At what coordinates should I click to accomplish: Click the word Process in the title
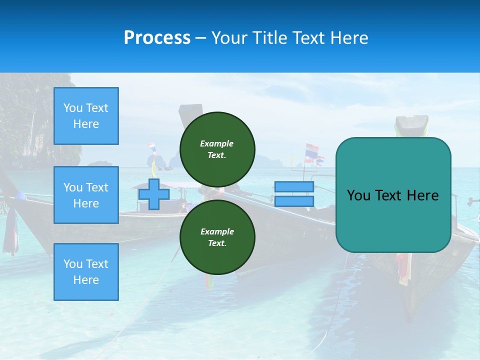pyautogui.click(x=157, y=38)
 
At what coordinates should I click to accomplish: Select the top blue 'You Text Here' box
pyautogui.click(x=86, y=116)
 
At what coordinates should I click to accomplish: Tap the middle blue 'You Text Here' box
pyautogui.click(x=86, y=195)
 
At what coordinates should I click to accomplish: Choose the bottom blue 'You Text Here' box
pyautogui.click(x=86, y=272)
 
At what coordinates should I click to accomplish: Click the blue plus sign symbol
pyautogui.click(x=154, y=194)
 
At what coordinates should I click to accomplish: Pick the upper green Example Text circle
pyautogui.click(x=217, y=149)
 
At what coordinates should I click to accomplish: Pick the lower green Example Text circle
pyautogui.click(x=217, y=237)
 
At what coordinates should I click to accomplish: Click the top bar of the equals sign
pyautogui.click(x=294, y=186)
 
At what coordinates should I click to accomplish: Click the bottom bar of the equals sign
pyautogui.click(x=294, y=201)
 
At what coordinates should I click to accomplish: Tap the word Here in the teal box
pyautogui.click(x=422, y=195)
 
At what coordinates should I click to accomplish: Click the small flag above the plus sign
pyautogui.click(x=151, y=147)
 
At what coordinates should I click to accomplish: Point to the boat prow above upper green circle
pyautogui.click(x=190, y=109)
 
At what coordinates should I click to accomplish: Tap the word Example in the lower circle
pyautogui.click(x=217, y=231)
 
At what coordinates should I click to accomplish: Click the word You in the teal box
pyautogui.click(x=358, y=195)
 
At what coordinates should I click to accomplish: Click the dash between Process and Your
pyautogui.click(x=200, y=38)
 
